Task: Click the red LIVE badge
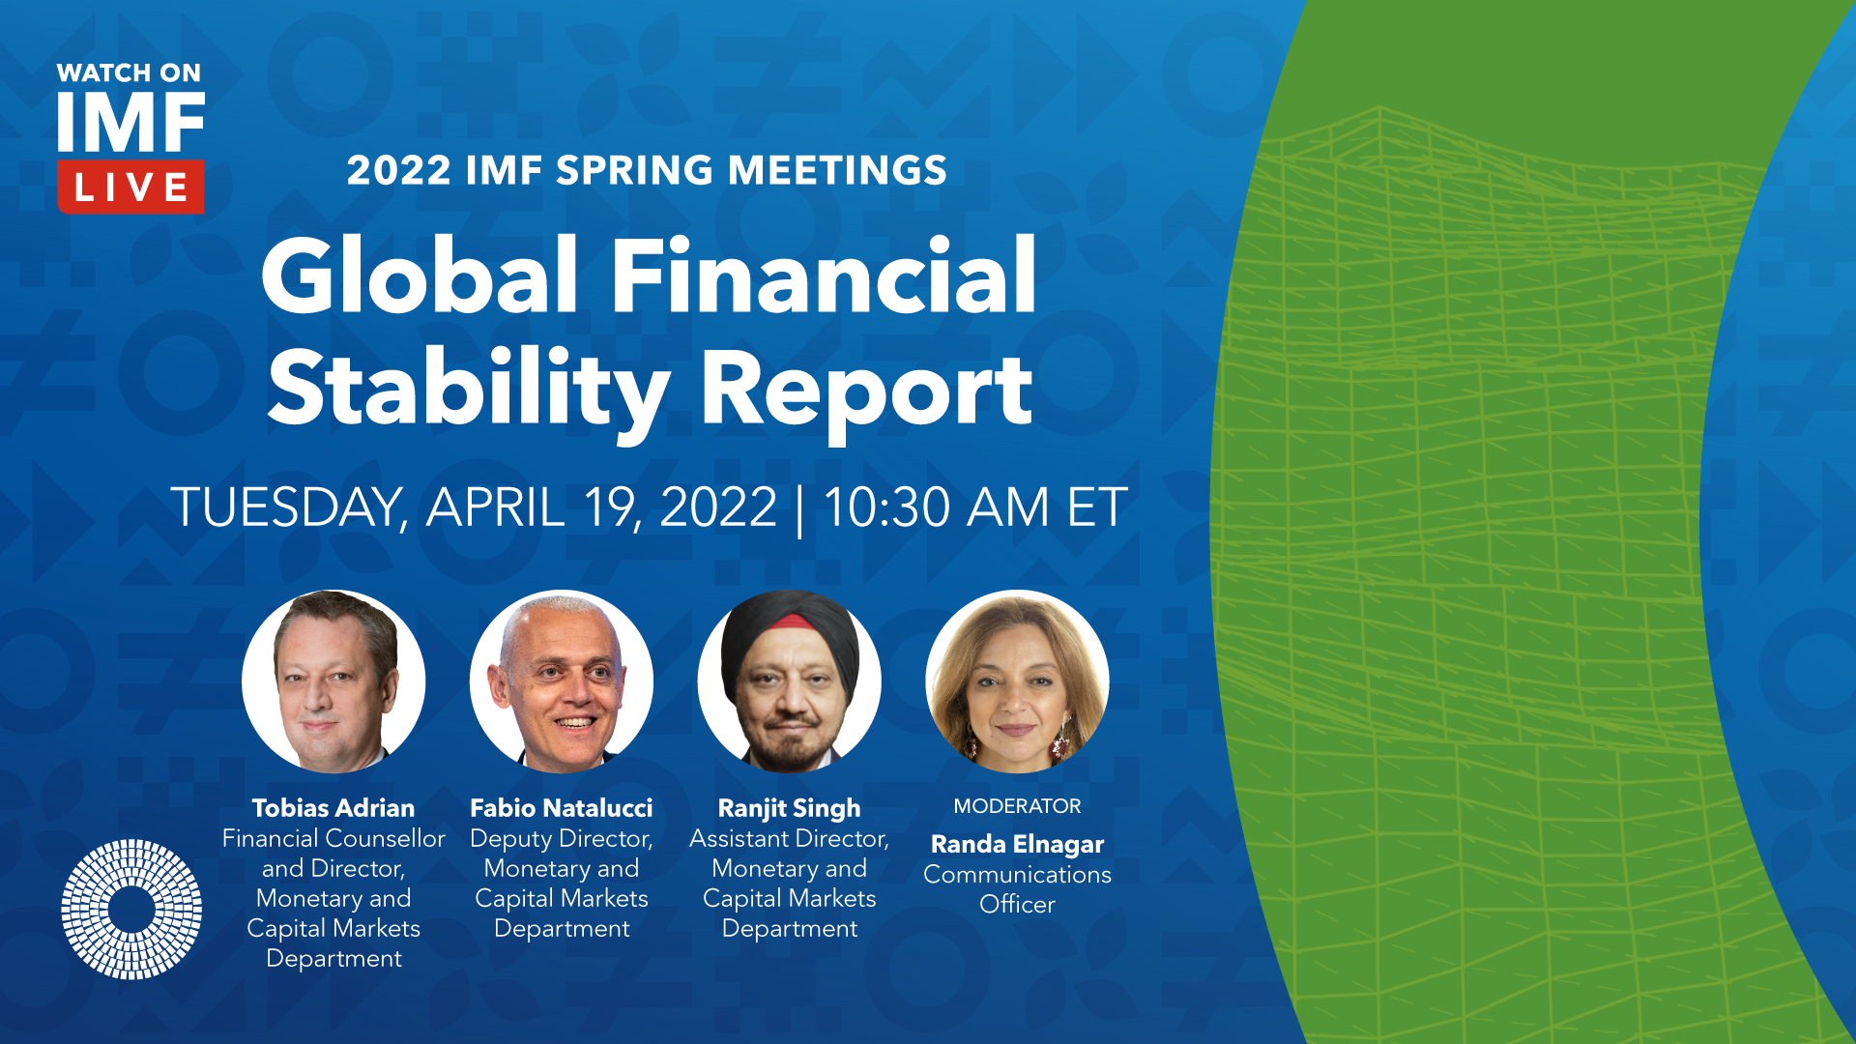130,187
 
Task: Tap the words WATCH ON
129,73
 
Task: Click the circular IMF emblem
131,909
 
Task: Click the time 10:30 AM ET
975,507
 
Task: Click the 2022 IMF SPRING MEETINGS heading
647,170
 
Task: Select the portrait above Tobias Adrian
333,681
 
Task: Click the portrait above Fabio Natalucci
562,681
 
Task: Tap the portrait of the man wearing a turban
790,681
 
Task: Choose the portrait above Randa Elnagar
1017,681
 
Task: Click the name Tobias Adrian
333,808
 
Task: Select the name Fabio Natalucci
562,808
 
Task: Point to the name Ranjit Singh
789,809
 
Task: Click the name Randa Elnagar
1017,845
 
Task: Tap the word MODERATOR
1017,806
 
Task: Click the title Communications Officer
1017,889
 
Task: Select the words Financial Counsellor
333,839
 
